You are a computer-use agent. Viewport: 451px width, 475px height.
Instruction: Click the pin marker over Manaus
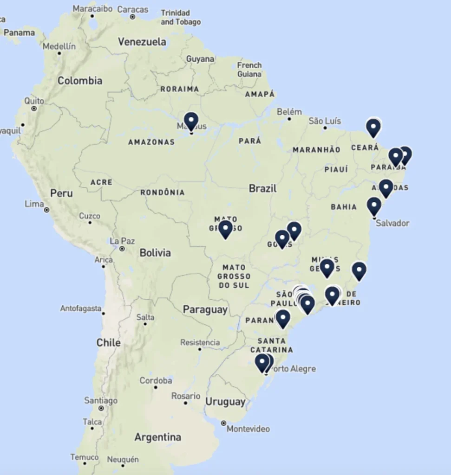(191, 122)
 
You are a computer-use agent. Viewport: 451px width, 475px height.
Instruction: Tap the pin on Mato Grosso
(225, 228)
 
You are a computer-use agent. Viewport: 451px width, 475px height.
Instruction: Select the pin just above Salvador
(374, 205)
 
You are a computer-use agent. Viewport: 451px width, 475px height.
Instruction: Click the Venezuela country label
(142, 42)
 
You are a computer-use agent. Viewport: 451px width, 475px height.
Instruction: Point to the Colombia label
(80, 81)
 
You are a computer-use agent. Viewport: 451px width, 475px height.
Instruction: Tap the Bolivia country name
(155, 253)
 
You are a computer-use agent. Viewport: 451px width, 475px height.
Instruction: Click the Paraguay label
(205, 309)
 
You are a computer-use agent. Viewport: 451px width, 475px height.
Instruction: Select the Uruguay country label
(225, 402)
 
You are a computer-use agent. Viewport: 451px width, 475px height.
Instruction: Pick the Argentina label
(157, 437)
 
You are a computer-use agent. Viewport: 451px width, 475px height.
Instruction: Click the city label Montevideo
(248, 429)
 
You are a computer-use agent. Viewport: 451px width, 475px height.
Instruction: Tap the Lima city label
(34, 204)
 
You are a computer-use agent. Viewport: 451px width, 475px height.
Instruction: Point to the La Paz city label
(122, 241)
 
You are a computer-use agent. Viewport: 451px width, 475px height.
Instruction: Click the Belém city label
(289, 112)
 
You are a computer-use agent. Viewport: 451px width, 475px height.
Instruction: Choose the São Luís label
(325, 121)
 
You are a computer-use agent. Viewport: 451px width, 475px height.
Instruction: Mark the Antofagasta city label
(80, 308)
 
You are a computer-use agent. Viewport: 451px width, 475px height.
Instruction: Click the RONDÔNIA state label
(163, 193)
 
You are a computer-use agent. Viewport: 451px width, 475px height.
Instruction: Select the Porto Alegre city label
(293, 369)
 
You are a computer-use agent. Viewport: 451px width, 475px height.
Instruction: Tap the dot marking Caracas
(132, 17)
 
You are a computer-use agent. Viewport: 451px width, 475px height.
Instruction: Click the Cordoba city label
(156, 380)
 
